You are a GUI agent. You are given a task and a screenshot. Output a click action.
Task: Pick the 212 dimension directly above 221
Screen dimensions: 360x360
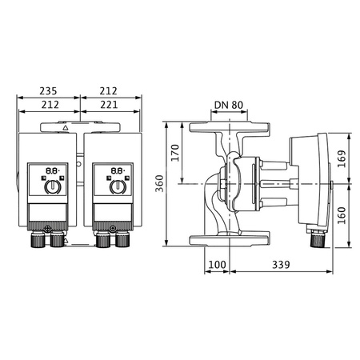click(111, 90)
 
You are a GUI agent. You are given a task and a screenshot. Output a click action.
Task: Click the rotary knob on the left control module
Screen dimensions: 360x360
click(50, 187)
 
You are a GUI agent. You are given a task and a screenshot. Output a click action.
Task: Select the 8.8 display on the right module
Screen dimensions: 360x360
click(117, 170)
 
